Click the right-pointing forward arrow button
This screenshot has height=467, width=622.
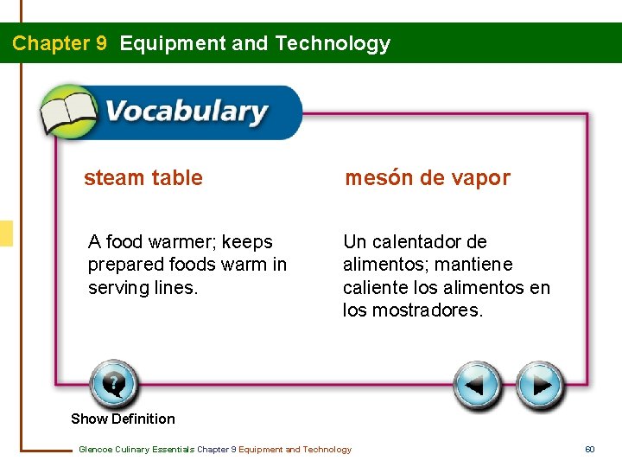(541, 386)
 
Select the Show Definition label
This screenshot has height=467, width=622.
(123, 419)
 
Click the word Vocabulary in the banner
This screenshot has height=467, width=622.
(186, 112)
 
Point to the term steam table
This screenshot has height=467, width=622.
(143, 178)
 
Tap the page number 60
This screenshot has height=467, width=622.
(590, 449)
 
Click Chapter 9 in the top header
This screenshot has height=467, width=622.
(60, 43)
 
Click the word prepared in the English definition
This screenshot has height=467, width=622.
(125, 265)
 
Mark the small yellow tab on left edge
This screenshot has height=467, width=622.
(6, 233)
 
